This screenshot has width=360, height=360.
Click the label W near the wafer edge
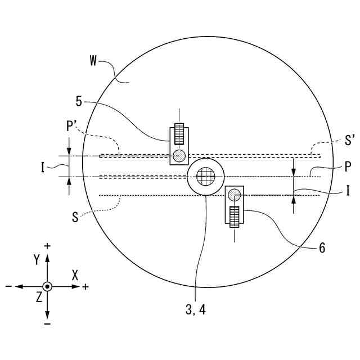tap(93, 61)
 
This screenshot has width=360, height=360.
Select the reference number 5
tap(79, 101)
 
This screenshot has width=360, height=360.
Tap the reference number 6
tap(322, 247)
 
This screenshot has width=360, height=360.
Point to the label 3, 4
tap(196, 310)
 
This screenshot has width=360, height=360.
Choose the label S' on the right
tap(350, 140)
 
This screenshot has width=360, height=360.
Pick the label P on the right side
tap(348, 166)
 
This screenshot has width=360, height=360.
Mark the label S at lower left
tap(75, 217)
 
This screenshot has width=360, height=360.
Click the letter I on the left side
tap(43, 168)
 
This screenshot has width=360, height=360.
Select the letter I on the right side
tap(348, 191)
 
